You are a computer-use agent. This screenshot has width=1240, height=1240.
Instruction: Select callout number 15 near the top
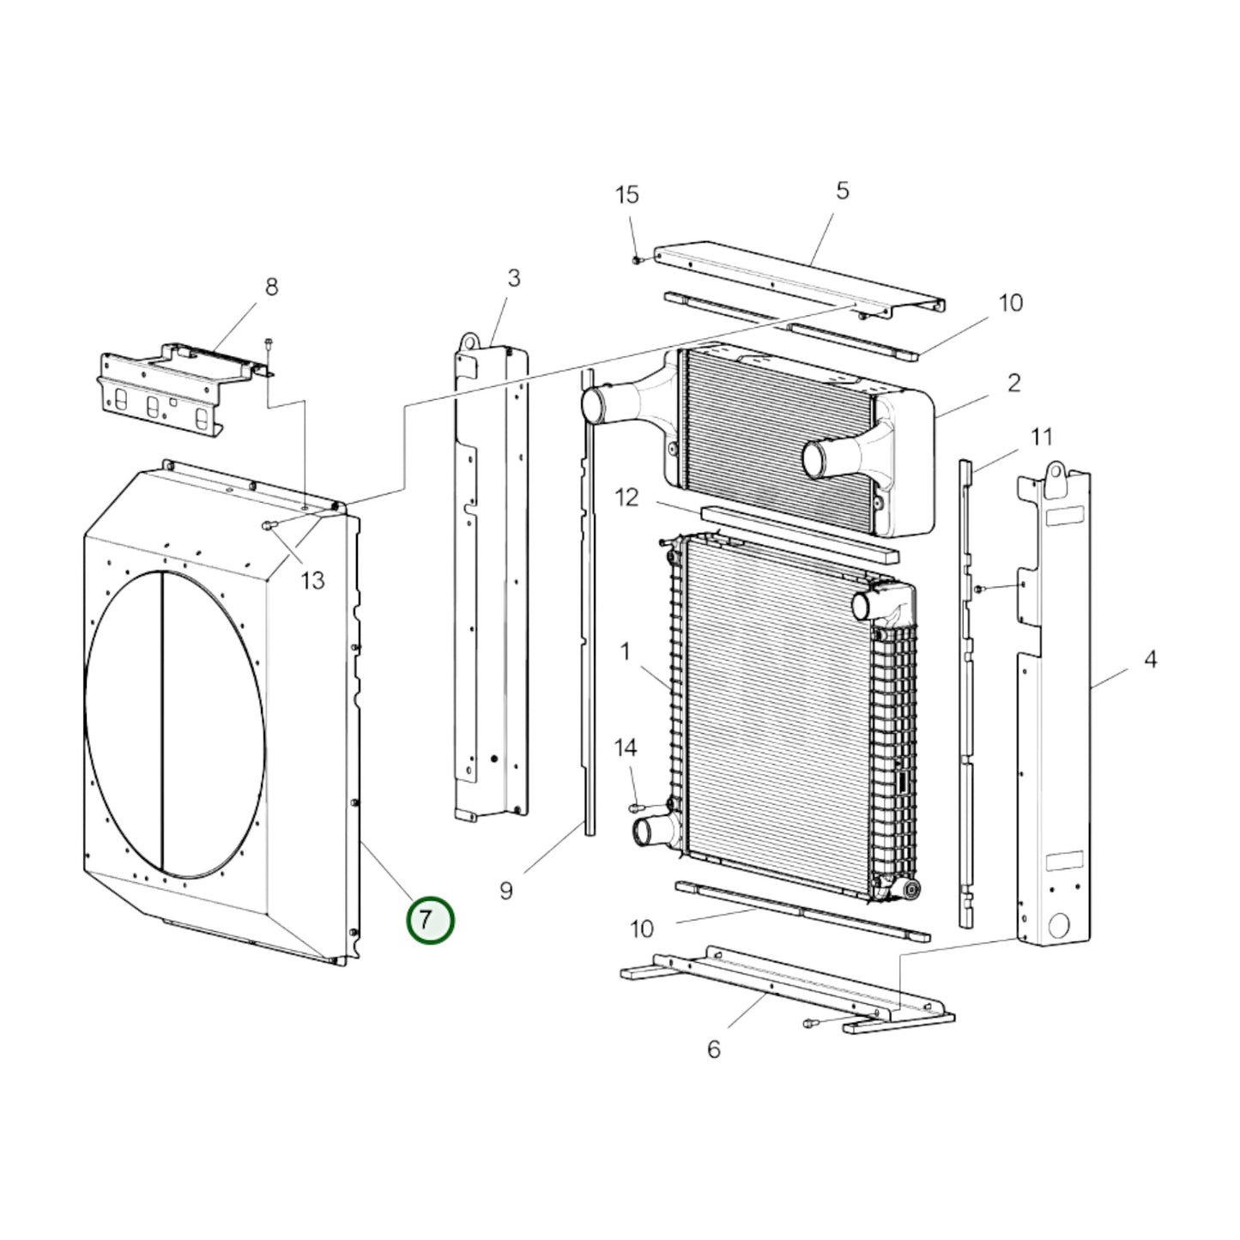pyautogui.click(x=627, y=195)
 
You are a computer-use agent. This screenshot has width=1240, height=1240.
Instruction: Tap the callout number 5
pyautogui.click(x=842, y=191)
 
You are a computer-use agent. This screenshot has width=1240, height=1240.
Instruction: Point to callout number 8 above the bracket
pyautogui.click(x=271, y=287)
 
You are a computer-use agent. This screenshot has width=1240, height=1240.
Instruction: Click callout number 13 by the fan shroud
pyautogui.click(x=312, y=581)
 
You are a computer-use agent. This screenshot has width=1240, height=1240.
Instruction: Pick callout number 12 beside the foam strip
pyautogui.click(x=627, y=498)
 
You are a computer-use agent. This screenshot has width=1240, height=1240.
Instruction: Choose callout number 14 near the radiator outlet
pyautogui.click(x=626, y=747)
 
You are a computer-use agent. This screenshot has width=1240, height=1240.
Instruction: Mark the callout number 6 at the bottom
pyautogui.click(x=714, y=1049)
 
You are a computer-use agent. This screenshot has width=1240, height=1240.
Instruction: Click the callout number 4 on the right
pyautogui.click(x=1150, y=659)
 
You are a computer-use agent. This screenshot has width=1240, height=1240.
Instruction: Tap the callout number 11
pyautogui.click(x=1041, y=437)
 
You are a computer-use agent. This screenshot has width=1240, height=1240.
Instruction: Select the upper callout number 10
pyautogui.click(x=1011, y=303)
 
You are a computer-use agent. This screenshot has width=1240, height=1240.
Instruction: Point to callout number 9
pyautogui.click(x=506, y=891)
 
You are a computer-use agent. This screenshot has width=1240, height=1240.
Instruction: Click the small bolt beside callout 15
pyautogui.click(x=637, y=259)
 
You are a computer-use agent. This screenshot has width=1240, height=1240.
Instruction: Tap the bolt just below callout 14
pyautogui.click(x=636, y=807)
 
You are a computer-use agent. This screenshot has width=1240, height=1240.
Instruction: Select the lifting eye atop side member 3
pyautogui.click(x=469, y=342)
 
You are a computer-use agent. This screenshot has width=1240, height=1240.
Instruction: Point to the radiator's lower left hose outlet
pyautogui.click(x=646, y=832)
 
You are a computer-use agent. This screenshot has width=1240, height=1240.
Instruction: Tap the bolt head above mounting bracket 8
pyautogui.click(x=269, y=342)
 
